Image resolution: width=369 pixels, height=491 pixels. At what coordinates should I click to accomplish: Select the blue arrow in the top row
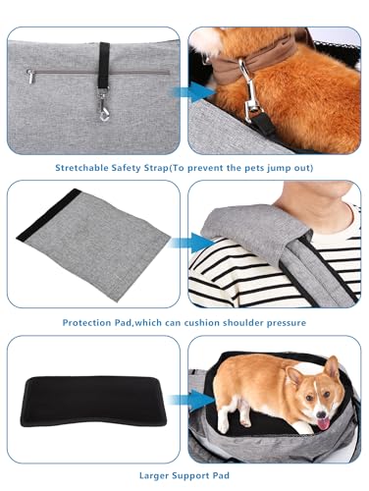[192, 91]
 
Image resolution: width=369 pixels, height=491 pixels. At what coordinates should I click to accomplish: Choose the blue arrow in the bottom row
[193, 398]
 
